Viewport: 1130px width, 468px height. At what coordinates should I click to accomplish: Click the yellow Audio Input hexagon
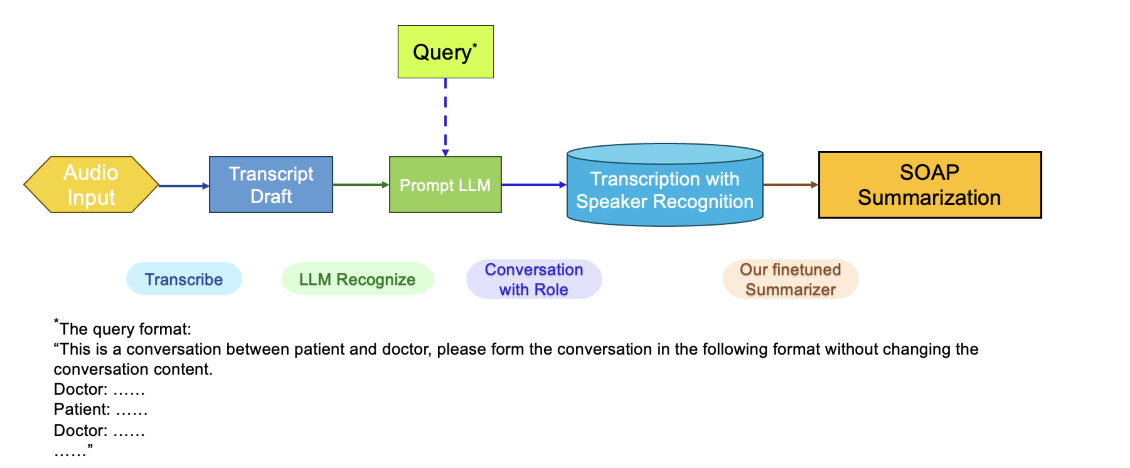tap(91, 185)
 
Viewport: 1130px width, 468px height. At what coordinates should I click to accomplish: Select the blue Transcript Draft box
tap(271, 185)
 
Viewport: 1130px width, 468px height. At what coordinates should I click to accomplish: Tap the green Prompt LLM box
tap(445, 185)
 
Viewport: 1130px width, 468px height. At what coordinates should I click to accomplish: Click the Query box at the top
tap(445, 52)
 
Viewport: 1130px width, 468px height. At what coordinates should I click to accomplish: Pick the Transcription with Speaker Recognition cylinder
tap(664, 185)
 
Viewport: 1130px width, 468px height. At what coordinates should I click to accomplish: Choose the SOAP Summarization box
tap(930, 185)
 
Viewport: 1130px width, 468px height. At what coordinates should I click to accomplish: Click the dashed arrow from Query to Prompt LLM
tap(445, 117)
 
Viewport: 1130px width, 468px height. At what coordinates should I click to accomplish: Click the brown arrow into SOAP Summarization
tap(791, 185)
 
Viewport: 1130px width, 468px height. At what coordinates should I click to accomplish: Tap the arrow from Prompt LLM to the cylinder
tap(534, 185)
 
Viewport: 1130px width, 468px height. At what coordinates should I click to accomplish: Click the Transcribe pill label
tap(184, 279)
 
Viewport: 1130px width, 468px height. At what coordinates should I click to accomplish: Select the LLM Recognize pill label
tap(357, 279)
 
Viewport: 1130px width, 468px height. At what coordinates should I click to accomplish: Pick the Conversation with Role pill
tap(534, 279)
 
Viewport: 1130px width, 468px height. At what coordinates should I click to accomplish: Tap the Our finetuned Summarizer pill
tap(791, 279)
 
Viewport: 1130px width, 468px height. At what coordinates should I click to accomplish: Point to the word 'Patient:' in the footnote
tap(82, 409)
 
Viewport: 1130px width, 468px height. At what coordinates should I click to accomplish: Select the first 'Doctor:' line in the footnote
tap(99, 389)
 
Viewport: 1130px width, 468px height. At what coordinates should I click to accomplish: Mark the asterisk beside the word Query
tap(475, 45)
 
